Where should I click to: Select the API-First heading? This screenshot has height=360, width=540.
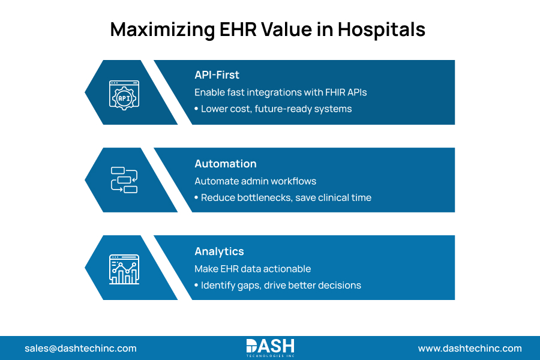(217, 75)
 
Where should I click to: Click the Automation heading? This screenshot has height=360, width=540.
(225, 164)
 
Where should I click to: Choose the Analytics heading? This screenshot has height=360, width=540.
(219, 251)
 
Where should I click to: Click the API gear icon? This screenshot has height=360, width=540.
(124, 93)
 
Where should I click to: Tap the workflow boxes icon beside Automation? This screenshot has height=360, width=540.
(124, 180)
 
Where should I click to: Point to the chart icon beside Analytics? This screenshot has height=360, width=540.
(124, 268)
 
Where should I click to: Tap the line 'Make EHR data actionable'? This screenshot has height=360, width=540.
(253, 269)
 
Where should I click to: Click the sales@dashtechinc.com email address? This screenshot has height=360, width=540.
(80, 348)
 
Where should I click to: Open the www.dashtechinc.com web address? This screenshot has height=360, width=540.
(470, 348)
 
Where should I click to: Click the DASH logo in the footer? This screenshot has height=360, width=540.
(270, 347)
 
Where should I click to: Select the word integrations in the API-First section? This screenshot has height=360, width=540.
(269, 93)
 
